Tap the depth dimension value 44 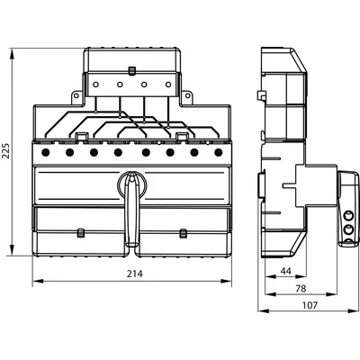point(283,271)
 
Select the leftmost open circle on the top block point(94,85)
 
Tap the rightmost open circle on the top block point(168,85)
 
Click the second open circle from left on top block point(119,85)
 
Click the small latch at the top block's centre point(131,67)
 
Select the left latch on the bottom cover point(79,233)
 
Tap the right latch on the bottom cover point(183,233)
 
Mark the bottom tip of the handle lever point(132,243)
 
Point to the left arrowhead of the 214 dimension point(35,282)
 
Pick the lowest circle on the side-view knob point(347,243)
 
